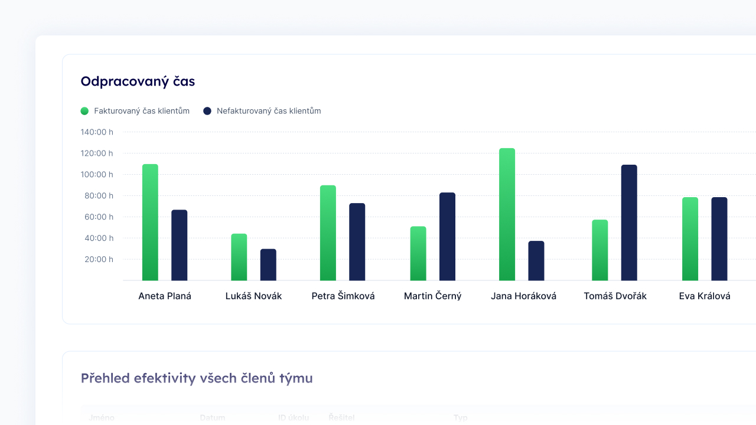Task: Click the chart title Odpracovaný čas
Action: click(138, 81)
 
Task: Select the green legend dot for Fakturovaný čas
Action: click(84, 111)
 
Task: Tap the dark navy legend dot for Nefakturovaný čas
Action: click(207, 111)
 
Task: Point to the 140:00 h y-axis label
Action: click(97, 132)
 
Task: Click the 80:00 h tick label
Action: click(97, 196)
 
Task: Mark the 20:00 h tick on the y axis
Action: click(97, 260)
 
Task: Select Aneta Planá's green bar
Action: click(150, 223)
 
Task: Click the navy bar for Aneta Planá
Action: click(180, 245)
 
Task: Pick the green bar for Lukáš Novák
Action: click(239, 257)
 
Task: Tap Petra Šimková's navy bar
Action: click(357, 242)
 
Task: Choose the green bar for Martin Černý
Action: click(418, 254)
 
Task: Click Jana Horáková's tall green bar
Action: click(507, 214)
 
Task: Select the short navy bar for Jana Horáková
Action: click(536, 261)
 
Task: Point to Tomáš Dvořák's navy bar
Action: click(629, 223)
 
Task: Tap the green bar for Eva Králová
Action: click(690, 239)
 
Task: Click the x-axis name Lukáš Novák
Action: click(253, 296)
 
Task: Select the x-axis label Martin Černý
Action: click(432, 296)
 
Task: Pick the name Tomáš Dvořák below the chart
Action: click(615, 296)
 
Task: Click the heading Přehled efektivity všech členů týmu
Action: click(197, 378)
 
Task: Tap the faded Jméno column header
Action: click(102, 418)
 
